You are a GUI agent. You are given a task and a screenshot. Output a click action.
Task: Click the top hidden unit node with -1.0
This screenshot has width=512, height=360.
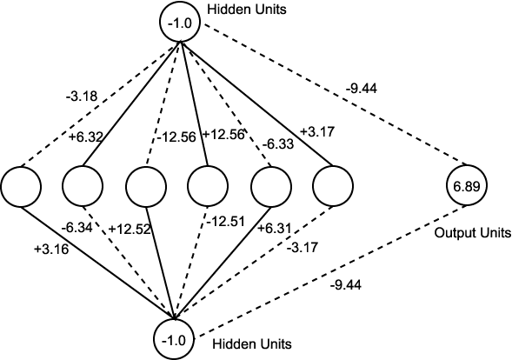180,23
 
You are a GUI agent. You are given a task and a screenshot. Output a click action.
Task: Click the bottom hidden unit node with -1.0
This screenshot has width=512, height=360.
174,340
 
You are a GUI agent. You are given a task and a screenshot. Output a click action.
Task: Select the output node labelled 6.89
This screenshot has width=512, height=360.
467,185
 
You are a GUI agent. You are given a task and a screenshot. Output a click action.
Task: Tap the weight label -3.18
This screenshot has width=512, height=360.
82,97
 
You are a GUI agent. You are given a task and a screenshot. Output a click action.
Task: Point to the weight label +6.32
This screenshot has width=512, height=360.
85,137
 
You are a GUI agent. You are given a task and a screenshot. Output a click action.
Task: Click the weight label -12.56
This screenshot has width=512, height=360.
176,137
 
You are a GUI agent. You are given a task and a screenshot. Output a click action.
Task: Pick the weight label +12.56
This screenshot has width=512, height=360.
223,134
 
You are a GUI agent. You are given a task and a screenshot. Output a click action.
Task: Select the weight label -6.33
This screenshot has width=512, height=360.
278,144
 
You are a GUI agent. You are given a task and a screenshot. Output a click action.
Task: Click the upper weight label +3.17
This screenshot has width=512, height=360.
317,131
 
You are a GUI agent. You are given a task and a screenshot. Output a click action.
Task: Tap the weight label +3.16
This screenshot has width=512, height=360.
51,250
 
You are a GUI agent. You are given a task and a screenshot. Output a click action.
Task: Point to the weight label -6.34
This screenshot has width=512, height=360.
77,228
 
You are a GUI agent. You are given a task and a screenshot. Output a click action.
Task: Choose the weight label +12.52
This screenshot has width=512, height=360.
130,229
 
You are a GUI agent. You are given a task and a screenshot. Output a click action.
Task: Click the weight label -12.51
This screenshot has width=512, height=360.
225,222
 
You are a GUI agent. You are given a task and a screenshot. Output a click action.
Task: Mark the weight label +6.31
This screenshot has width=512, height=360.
275,229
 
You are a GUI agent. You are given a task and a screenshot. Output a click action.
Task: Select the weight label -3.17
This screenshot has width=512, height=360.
303,247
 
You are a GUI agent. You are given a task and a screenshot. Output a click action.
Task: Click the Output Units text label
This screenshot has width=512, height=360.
473,233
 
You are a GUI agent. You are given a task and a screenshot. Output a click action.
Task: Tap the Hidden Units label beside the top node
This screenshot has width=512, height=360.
247,10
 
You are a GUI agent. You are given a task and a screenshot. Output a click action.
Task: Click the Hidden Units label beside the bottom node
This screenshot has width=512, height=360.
252,344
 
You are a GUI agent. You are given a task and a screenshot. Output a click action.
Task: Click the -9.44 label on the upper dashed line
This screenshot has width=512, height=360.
361,89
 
